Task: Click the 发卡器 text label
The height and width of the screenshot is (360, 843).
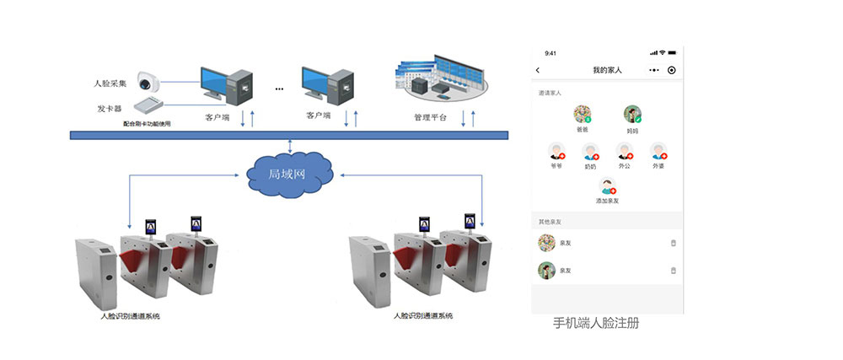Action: click(x=110, y=109)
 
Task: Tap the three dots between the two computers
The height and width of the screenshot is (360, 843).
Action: click(x=279, y=89)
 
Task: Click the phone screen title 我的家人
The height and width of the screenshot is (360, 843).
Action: click(x=607, y=70)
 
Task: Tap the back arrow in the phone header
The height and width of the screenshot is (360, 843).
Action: click(x=539, y=70)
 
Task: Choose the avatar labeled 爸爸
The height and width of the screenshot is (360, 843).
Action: click(x=582, y=115)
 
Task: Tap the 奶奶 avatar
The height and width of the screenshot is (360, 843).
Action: click(x=590, y=152)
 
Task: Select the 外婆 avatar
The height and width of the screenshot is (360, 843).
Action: click(x=658, y=152)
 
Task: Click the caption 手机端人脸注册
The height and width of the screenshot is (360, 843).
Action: click(x=596, y=323)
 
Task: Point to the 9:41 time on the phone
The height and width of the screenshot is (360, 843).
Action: click(x=551, y=52)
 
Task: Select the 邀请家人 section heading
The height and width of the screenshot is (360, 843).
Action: click(x=550, y=93)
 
